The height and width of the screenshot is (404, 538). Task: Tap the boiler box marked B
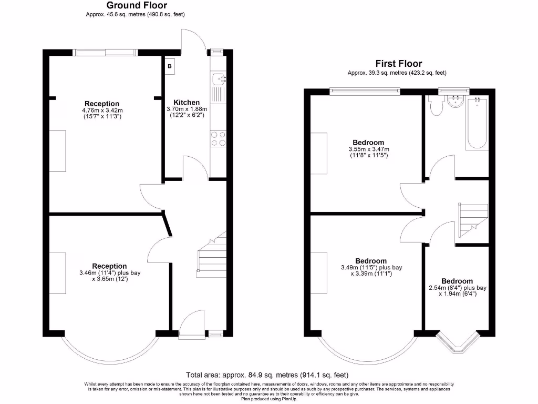click(x=170, y=66)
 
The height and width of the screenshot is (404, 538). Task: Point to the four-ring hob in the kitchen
click(x=218, y=138)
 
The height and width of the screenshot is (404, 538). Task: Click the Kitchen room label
click(x=187, y=103)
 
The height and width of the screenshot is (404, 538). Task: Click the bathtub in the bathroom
click(x=476, y=124)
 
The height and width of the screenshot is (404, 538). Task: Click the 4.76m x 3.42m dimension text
click(x=102, y=110)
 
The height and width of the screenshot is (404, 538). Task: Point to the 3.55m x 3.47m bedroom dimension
click(x=368, y=149)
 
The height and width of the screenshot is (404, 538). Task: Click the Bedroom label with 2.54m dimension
click(x=457, y=281)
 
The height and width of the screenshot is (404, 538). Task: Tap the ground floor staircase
click(x=210, y=258)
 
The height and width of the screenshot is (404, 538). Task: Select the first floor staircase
click(x=473, y=218)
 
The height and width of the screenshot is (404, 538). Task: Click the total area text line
click(x=267, y=375)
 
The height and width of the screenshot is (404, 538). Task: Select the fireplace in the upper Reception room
click(x=58, y=151)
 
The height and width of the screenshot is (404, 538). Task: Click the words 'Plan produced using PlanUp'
click(x=268, y=399)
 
